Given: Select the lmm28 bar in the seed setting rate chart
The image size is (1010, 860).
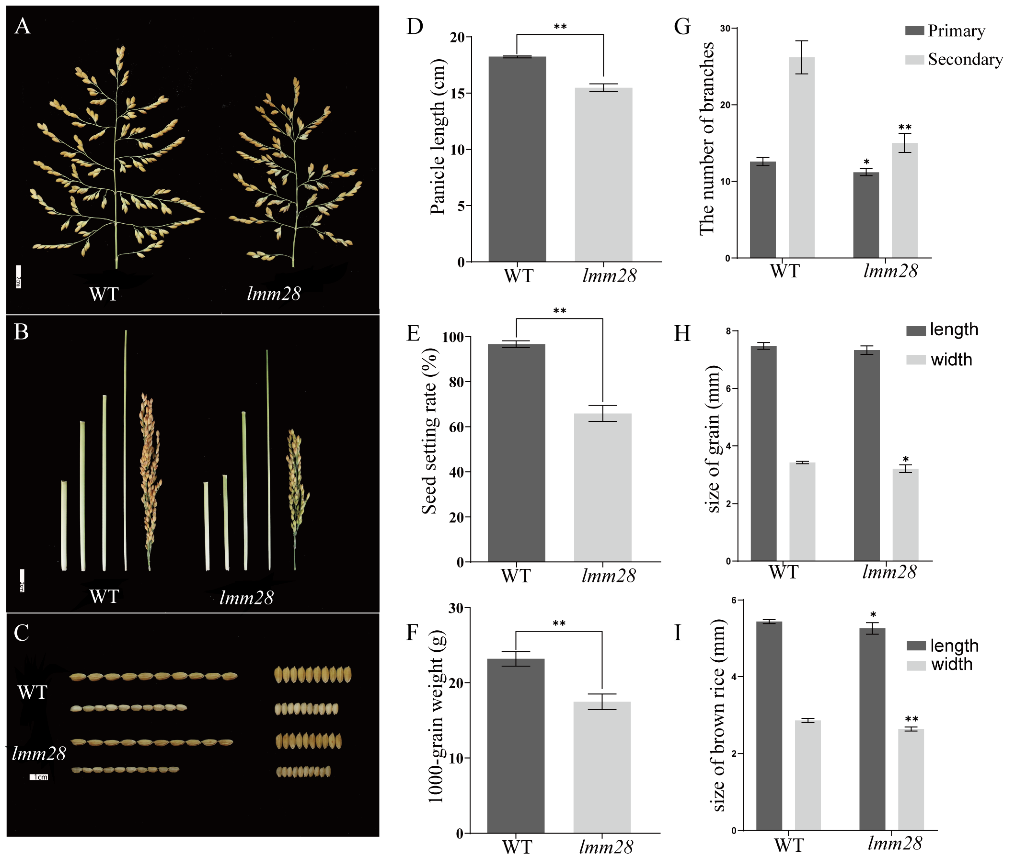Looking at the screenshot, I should [x=603, y=487].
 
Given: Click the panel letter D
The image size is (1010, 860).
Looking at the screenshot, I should [x=415, y=26].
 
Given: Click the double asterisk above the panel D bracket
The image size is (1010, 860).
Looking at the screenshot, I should [x=560, y=27].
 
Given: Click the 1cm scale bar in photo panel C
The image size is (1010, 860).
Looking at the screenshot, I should [x=39, y=777].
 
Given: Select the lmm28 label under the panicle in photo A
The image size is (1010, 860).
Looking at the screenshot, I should [x=274, y=294].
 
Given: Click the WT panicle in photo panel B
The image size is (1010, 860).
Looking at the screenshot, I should [x=150, y=477].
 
